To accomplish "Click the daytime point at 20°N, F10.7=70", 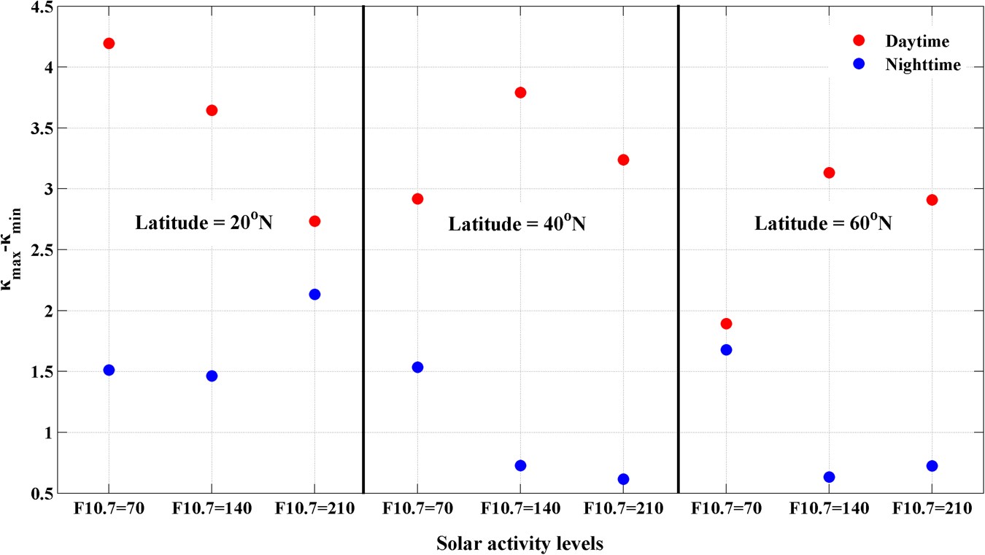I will pyautogui.click(x=109, y=43).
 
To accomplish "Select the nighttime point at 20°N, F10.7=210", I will pyautogui.click(x=314, y=294).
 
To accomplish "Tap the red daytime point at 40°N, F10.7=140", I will pyautogui.click(x=520, y=93).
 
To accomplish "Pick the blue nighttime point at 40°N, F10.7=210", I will pyautogui.click(x=623, y=479).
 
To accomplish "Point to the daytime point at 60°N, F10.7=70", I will pyautogui.click(x=726, y=323).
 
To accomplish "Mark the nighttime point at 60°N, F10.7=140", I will pyautogui.click(x=829, y=477).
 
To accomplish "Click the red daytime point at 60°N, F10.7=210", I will pyautogui.click(x=932, y=200).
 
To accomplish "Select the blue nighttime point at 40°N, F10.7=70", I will pyautogui.click(x=417, y=367).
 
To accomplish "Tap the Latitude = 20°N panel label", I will pyautogui.click(x=204, y=223).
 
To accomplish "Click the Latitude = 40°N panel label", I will pyautogui.click(x=517, y=223).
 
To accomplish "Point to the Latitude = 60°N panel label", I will pyautogui.click(x=823, y=223).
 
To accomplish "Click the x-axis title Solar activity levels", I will pyautogui.click(x=519, y=544).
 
